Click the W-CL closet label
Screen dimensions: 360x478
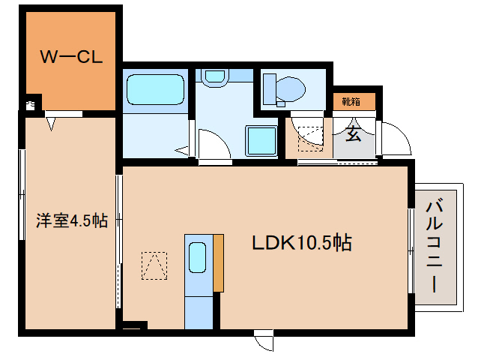(x=70, y=57)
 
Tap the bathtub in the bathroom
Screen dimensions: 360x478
(x=155, y=91)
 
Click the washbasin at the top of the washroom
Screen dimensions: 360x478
(x=215, y=76)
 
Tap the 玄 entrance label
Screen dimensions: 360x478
(x=351, y=134)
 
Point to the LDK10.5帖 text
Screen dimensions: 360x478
(x=301, y=243)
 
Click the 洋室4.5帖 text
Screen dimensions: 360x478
(x=72, y=220)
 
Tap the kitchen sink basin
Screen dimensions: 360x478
(x=198, y=258)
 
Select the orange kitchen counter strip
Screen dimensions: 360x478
(x=218, y=262)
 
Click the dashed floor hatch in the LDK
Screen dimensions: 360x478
(x=154, y=265)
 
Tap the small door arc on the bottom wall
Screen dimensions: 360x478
(x=264, y=340)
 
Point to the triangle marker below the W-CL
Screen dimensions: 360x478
(x=52, y=124)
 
